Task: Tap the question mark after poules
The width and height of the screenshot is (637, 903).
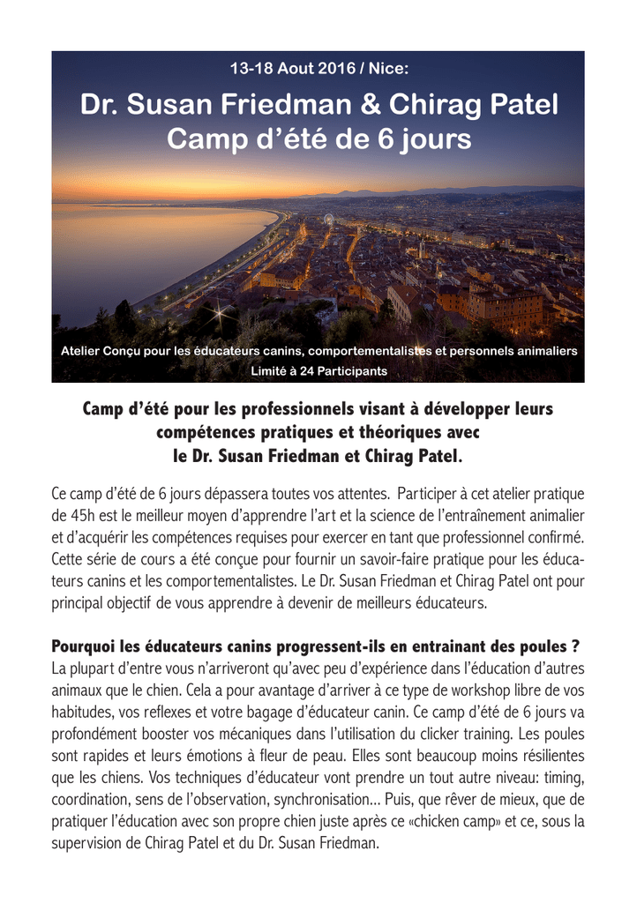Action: [575, 647]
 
